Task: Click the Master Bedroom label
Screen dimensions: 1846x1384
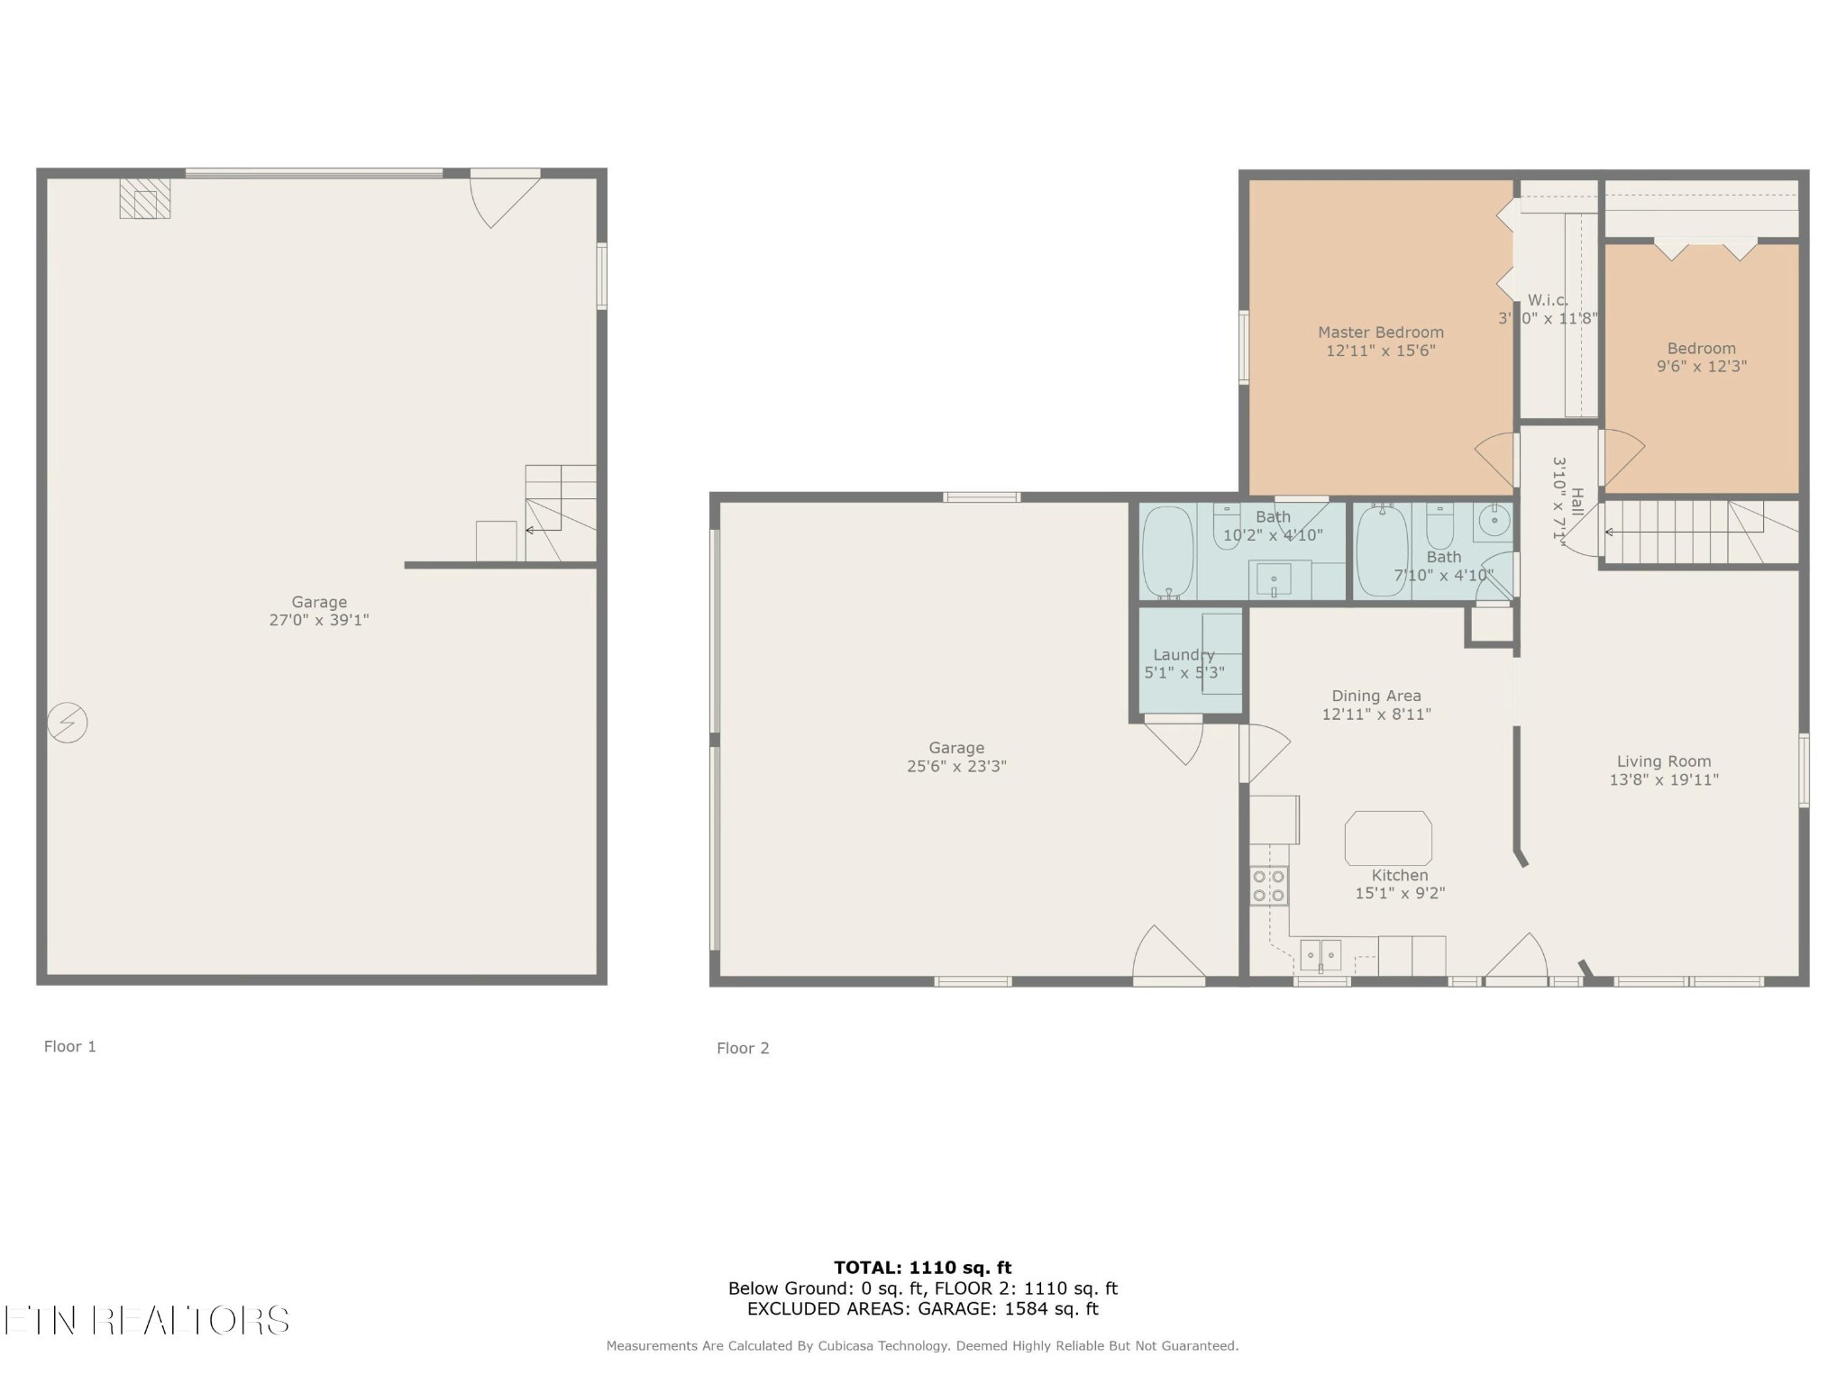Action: click(x=1380, y=332)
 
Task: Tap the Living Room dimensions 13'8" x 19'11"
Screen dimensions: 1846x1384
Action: click(x=1664, y=780)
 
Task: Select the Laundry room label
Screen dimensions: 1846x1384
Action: click(x=1183, y=655)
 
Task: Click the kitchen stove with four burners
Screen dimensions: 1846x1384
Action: click(x=1268, y=885)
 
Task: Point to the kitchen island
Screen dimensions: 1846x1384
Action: click(x=1388, y=838)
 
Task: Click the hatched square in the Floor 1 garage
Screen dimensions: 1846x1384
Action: click(x=145, y=198)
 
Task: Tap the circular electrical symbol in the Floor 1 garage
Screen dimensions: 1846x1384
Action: click(x=68, y=723)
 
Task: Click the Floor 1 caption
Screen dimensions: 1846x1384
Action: click(x=69, y=1046)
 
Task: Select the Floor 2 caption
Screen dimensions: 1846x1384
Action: click(x=743, y=1048)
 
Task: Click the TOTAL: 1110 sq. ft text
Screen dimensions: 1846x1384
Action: click(x=923, y=1268)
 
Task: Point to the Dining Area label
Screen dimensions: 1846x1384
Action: click(x=1376, y=696)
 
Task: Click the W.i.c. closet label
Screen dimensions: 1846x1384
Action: click(x=1548, y=300)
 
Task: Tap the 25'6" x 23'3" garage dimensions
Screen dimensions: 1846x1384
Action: click(x=956, y=767)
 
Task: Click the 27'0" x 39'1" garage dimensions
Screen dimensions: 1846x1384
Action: click(x=319, y=620)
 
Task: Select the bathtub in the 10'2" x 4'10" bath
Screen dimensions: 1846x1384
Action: click(x=1168, y=552)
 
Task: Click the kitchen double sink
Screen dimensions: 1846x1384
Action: click(x=1321, y=954)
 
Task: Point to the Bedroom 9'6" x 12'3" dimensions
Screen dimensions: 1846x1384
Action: click(x=1702, y=367)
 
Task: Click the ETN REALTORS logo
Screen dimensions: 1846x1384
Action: click(x=146, y=1321)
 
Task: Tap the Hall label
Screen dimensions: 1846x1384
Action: click(x=1576, y=501)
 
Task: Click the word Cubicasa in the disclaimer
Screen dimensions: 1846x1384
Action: click(x=848, y=1346)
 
